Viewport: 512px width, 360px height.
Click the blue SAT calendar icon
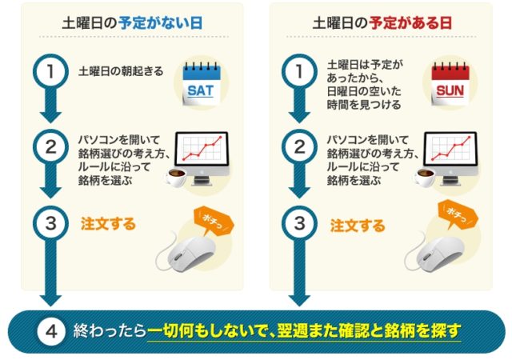[x=201, y=84]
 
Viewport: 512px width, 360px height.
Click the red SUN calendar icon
[x=450, y=84]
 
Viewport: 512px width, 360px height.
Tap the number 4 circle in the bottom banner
[x=51, y=332]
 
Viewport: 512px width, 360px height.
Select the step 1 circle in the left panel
[x=50, y=71]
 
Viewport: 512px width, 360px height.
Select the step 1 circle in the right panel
[x=299, y=71]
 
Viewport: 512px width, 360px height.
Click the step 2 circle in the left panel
[x=50, y=147]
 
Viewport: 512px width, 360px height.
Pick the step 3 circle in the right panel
[x=299, y=223]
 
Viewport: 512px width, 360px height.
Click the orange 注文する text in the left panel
[x=108, y=224]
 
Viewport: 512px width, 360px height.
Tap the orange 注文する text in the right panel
[x=358, y=226]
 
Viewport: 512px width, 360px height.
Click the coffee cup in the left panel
[x=176, y=178]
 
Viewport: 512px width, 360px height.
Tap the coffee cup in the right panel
[x=426, y=178]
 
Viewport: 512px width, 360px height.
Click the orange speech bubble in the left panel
[x=214, y=219]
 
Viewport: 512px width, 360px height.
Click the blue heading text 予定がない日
[x=160, y=23]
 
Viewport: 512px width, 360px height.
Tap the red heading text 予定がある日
[x=410, y=23]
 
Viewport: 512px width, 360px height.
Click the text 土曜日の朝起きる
[x=121, y=71]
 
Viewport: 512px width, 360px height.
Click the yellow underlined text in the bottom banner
[x=304, y=331]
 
